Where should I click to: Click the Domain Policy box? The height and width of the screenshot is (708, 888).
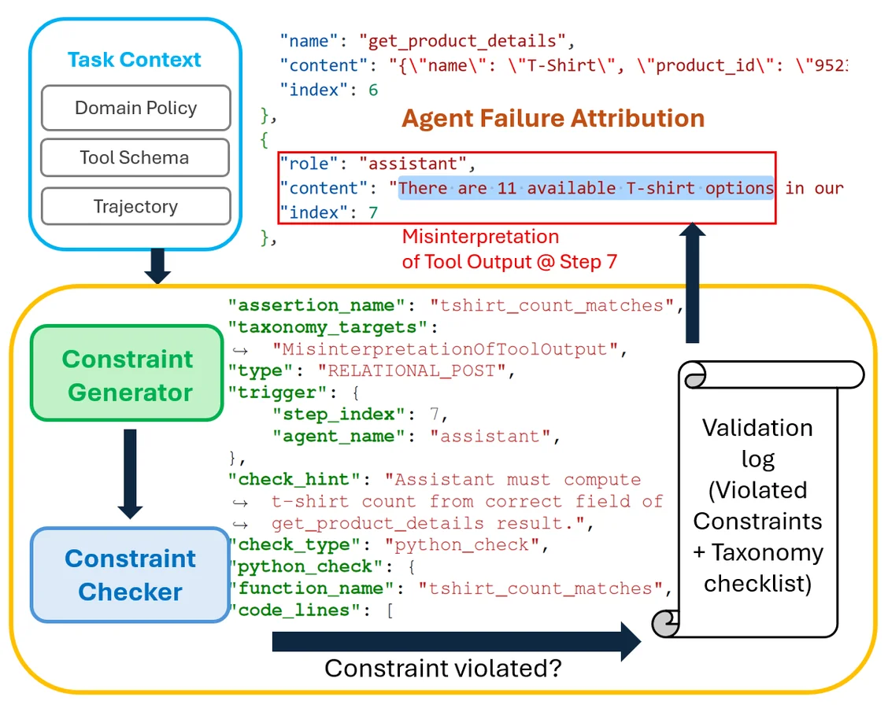[x=135, y=108]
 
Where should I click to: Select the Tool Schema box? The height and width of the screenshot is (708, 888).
[x=135, y=157]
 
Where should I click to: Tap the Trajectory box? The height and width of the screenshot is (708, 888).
[x=135, y=207]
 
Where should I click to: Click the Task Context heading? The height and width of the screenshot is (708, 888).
[x=135, y=60]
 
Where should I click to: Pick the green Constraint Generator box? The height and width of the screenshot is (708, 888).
[x=128, y=375]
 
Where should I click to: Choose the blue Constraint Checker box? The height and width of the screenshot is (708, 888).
[x=130, y=574]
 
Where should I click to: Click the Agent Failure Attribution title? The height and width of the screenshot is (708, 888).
[x=553, y=119]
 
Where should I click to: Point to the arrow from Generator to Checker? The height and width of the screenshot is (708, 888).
[x=130, y=472]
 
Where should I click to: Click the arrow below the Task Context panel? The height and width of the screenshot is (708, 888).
[x=157, y=266]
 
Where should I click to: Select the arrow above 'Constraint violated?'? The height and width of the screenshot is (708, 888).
[x=457, y=641]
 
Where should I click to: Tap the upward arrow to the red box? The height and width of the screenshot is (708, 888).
[x=693, y=283]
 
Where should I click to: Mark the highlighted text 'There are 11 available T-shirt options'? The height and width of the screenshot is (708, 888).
[x=586, y=188]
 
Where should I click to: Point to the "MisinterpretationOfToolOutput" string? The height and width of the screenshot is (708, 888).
[x=450, y=348]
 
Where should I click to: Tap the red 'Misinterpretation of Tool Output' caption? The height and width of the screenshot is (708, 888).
[x=509, y=249]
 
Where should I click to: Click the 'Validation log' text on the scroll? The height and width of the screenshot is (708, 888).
[x=757, y=443]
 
